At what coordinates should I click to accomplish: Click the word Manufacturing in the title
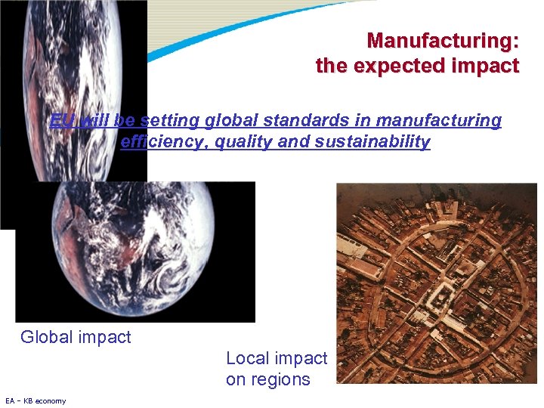442,39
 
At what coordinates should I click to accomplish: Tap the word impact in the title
484,66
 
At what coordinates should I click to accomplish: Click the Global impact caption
76,338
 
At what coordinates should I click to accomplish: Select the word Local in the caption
247,358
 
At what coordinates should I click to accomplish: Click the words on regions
267,379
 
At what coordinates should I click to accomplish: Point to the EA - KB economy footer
36,400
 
